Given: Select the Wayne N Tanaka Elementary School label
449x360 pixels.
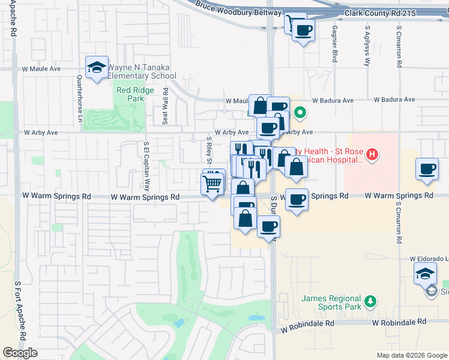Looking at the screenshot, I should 143,72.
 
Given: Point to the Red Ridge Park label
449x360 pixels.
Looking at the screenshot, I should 135,94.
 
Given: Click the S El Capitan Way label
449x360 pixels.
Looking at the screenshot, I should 146,164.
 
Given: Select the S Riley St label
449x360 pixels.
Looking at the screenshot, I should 209,151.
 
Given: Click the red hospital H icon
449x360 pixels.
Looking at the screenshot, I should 372,155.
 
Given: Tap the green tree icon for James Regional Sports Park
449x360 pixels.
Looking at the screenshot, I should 371,300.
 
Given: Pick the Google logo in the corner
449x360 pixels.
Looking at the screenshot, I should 20,353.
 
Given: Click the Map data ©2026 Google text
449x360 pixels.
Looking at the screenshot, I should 411,355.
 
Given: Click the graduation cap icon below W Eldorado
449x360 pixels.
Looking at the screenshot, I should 426,274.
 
